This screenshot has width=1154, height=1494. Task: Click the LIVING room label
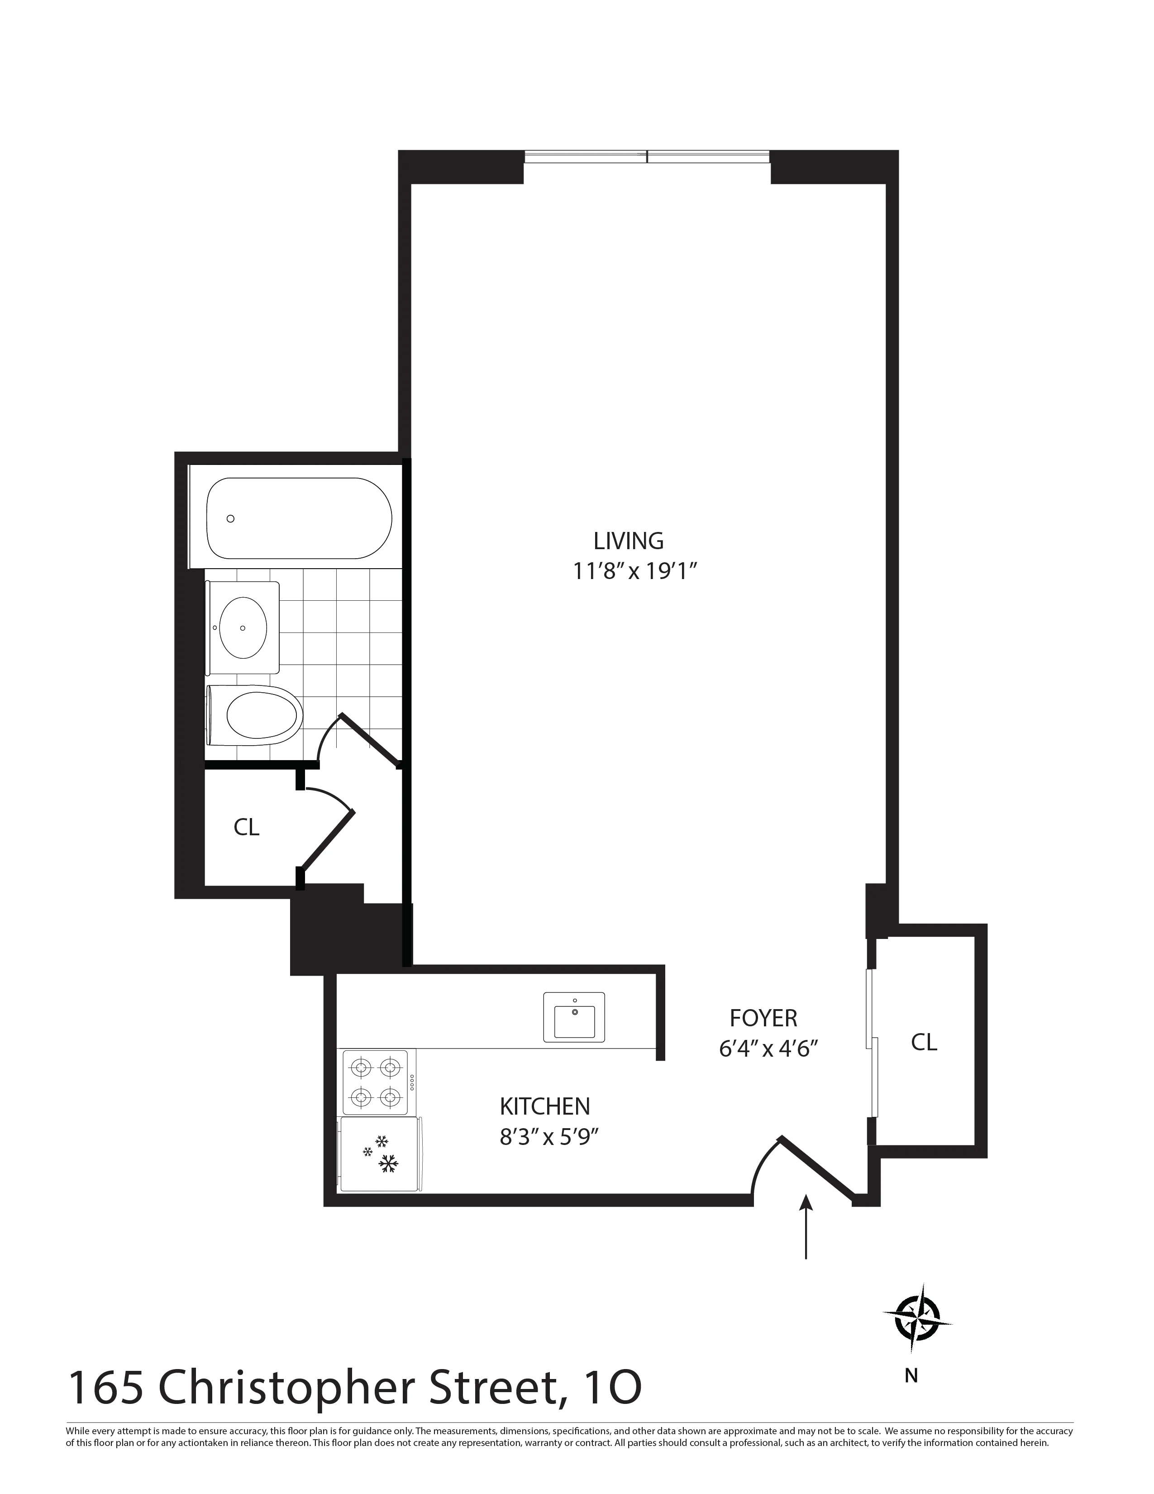[x=628, y=541]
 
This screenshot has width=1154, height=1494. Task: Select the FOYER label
[x=763, y=1018]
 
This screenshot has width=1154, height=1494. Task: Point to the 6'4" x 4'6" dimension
[x=768, y=1049]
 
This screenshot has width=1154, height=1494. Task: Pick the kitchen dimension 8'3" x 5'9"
[x=549, y=1137]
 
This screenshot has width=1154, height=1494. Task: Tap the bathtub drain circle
[x=230, y=518]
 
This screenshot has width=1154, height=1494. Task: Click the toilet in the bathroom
[x=256, y=716]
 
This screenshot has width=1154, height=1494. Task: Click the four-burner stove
[x=375, y=1082]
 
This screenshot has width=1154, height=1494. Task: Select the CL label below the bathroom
[x=246, y=827]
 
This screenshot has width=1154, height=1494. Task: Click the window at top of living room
[x=647, y=157]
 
